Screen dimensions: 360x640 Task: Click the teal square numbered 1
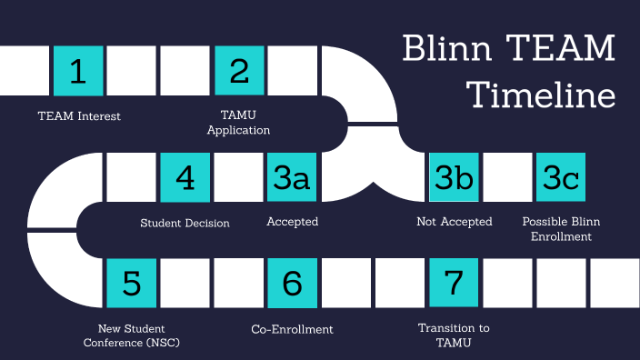78,71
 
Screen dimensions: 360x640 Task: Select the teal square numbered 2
239,71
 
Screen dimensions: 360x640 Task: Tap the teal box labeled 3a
292,177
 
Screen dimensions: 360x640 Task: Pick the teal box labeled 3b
454,177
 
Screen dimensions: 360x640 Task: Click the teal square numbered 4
185,177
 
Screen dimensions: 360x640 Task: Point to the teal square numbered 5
132,283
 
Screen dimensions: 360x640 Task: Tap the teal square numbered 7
454,283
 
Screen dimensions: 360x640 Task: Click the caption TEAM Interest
79,115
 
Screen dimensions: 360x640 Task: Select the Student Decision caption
185,222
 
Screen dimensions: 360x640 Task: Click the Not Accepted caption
454,222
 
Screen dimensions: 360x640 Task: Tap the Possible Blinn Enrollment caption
561,229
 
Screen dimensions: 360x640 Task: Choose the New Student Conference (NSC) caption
132,335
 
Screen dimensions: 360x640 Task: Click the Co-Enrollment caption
292,328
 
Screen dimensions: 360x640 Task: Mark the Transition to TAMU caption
454,335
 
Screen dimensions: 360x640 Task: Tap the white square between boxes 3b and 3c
507,177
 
